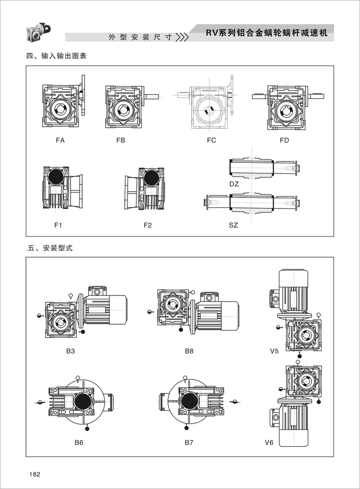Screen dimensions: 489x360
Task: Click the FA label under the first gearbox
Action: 60,140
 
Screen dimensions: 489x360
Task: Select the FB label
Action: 120,140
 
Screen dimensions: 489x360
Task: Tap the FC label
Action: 212,140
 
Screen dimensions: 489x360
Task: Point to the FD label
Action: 285,140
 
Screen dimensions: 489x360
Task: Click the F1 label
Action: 58,225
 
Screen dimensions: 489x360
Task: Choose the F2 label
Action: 148,225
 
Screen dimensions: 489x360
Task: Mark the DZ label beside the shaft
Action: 234,183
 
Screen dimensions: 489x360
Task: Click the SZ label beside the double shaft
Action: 233,225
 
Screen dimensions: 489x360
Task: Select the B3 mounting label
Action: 71,351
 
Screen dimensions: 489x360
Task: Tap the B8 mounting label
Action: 189,351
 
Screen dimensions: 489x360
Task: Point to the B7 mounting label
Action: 189,442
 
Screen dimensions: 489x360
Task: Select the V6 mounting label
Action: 269,442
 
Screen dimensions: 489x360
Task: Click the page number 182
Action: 34,474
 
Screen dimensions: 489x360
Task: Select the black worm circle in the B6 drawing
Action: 82,400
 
